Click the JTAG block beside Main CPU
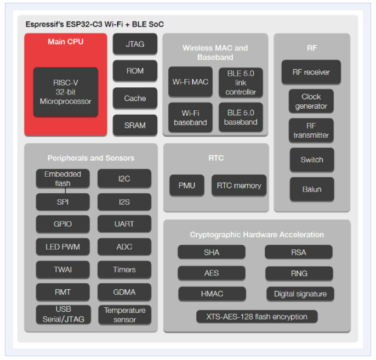pyautogui.click(x=135, y=44)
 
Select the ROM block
pyautogui.click(x=135, y=71)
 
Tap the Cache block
pyautogui.click(x=135, y=98)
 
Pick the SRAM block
pyautogui.click(x=135, y=125)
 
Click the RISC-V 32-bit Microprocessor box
pyautogui.click(x=66, y=92)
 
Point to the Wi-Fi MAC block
pyautogui.click(x=190, y=82)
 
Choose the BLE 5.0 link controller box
pyautogui.click(x=241, y=83)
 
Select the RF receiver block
pyautogui.click(x=311, y=72)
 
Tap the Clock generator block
pyautogui.click(x=311, y=101)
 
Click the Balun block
pyautogui.click(x=312, y=189)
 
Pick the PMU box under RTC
pyautogui.click(x=187, y=185)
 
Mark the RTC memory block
pyautogui.click(x=239, y=185)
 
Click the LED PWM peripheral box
pyautogui.click(x=63, y=246)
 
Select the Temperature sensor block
pyautogui.click(x=125, y=315)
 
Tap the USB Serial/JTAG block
pyautogui.click(x=64, y=314)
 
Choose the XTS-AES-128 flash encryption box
pyautogui.click(x=257, y=317)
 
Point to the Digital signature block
pyautogui.click(x=300, y=294)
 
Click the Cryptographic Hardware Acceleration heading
pyautogui.click(x=257, y=234)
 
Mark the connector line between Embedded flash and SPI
pyautogui.click(x=65, y=190)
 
